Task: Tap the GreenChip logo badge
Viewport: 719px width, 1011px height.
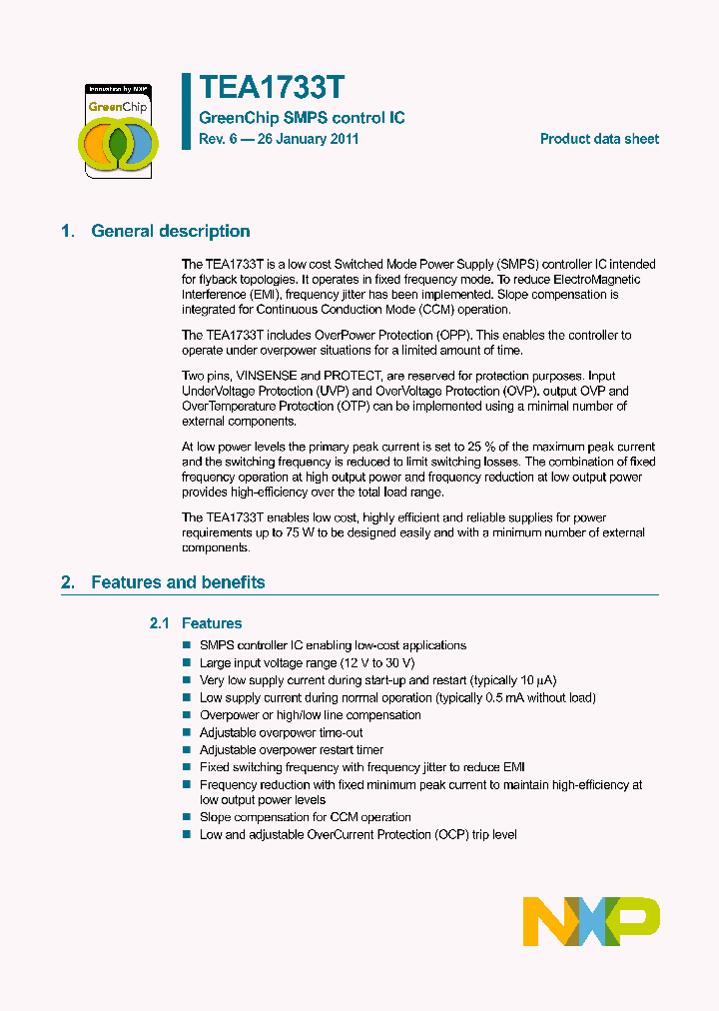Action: coord(118,131)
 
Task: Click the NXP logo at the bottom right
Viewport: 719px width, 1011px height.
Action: coord(591,920)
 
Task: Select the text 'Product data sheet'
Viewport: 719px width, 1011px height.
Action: coord(599,139)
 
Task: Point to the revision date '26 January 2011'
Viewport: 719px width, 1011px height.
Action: coord(308,139)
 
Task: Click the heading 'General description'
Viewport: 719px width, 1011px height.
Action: coord(171,231)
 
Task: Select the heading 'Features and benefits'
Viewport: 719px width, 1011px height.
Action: coord(178,581)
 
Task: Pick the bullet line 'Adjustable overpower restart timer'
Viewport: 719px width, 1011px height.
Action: coord(292,749)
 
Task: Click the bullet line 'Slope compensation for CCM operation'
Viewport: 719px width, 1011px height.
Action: coord(306,816)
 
